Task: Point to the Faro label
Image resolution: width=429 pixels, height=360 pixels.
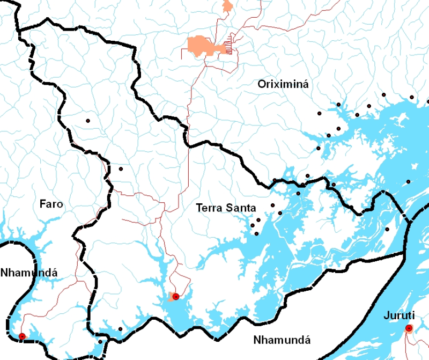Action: [x=51, y=204]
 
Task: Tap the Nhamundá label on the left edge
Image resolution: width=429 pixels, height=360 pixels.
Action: [x=28, y=272]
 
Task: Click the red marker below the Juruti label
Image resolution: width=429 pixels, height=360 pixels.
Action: [x=409, y=328]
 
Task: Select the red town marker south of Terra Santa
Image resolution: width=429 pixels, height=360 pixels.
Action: [x=176, y=297]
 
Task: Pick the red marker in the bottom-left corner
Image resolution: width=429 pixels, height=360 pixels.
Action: [x=22, y=336]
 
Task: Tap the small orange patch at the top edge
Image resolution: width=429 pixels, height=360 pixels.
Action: [x=228, y=6]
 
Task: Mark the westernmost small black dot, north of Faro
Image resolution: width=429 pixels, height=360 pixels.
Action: [x=87, y=121]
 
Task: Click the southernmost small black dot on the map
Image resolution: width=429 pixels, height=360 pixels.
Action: [x=100, y=342]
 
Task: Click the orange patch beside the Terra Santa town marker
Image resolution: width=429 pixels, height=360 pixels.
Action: [x=171, y=297]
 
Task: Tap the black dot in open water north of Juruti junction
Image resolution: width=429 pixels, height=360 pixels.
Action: [x=408, y=182]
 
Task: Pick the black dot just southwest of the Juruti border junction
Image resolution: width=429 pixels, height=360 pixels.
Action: [x=387, y=229]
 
